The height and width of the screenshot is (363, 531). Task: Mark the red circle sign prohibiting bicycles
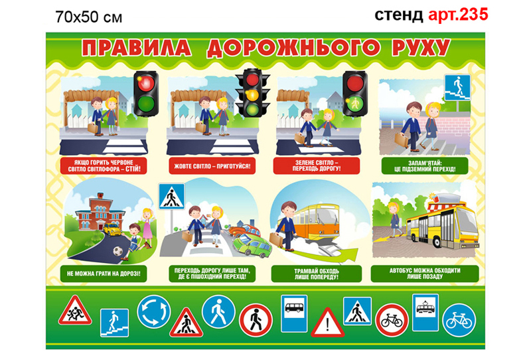(x=392, y=321)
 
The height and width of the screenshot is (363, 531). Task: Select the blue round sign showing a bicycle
(x=459, y=321)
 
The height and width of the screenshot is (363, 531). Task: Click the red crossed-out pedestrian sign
(x=256, y=321)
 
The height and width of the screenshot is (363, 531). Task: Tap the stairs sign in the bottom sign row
(x=114, y=323)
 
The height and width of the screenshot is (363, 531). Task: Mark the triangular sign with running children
(x=74, y=311)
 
